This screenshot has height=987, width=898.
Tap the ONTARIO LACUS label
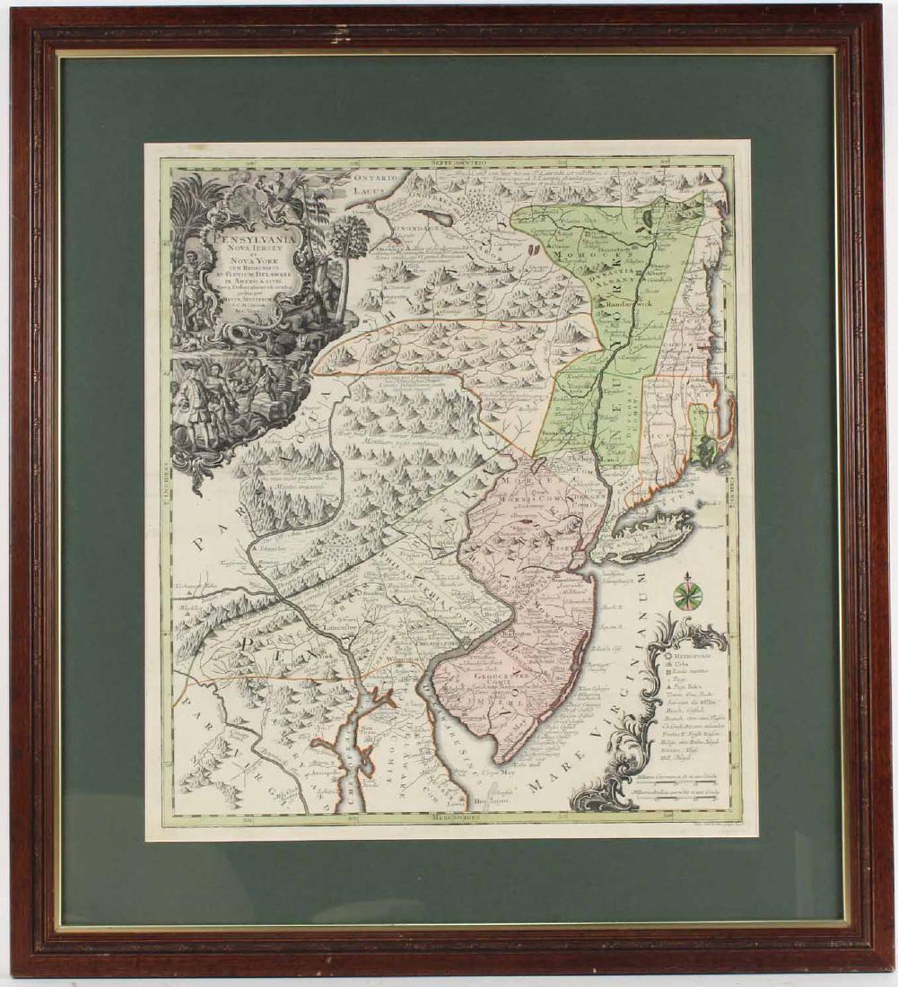point(367,184)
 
